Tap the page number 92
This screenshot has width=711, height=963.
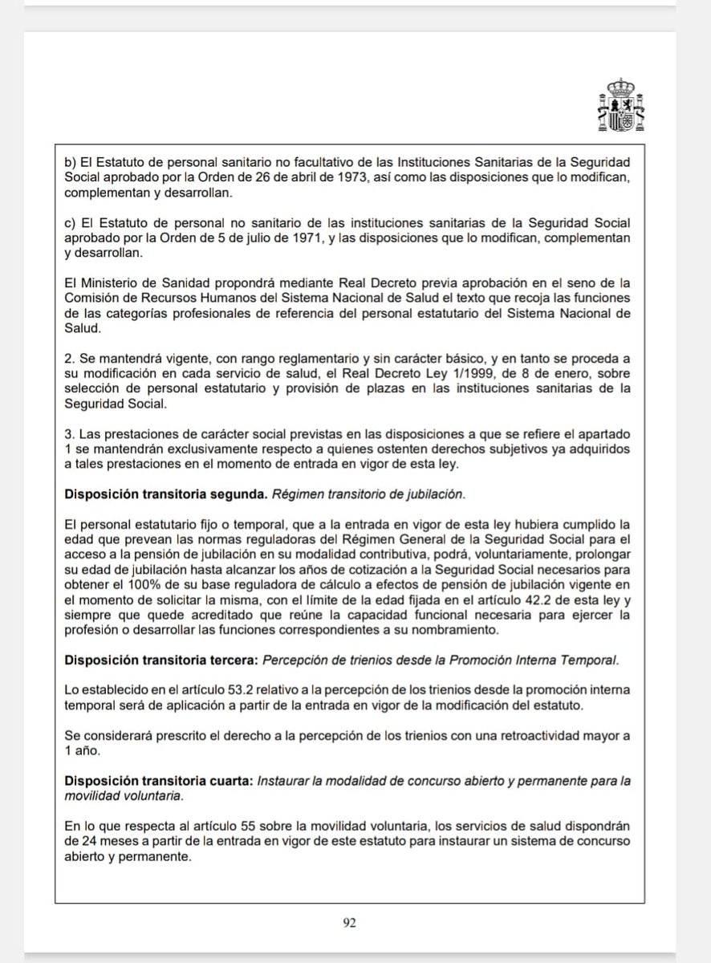pyautogui.click(x=349, y=923)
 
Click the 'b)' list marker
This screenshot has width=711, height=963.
pyautogui.click(x=69, y=161)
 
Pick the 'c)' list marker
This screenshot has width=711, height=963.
pyautogui.click(x=69, y=223)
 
